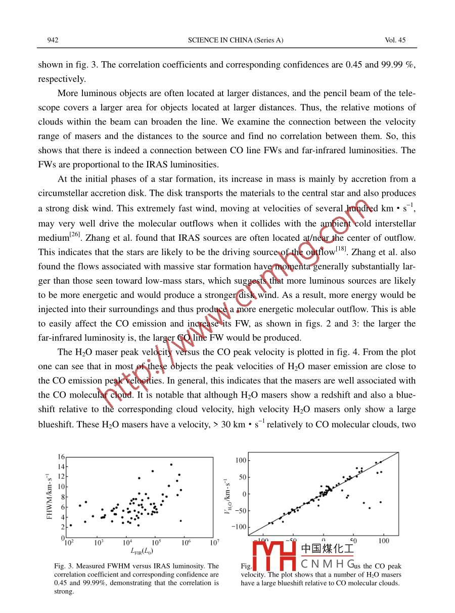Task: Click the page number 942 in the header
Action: (x=53, y=40)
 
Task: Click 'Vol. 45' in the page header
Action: (x=395, y=40)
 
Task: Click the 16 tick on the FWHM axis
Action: (x=61, y=457)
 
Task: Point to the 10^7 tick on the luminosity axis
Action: (x=214, y=543)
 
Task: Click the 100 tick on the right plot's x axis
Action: (x=384, y=541)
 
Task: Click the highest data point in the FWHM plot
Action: (x=171, y=464)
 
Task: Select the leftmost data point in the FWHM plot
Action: (x=71, y=525)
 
